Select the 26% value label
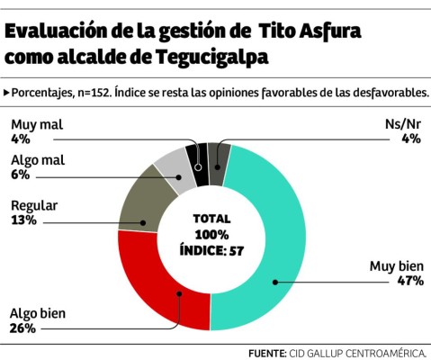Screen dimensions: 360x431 tap(22, 328)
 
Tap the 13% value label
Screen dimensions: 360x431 tap(22, 220)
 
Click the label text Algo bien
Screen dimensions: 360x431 tap(38, 314)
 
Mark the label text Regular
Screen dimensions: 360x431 tap(34, 205)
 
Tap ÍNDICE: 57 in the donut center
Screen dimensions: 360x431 tap(211, 249)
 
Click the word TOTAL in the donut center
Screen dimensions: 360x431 tap(211, 219)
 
